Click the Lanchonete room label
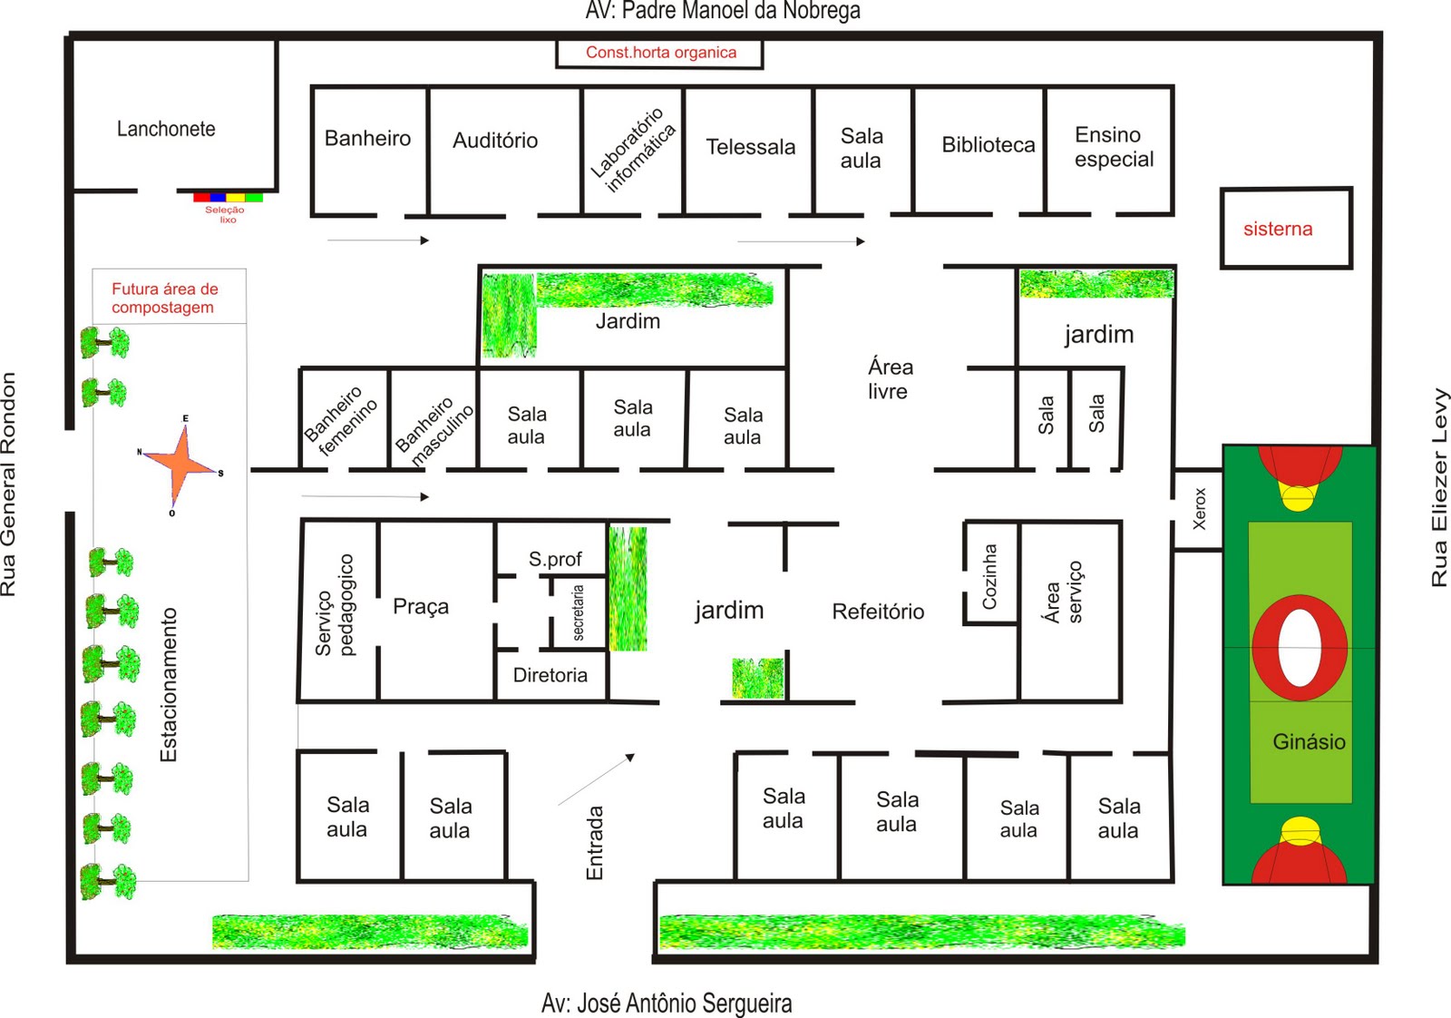click(166, 129)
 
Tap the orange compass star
click(182, 463)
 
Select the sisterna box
click(1286, 228)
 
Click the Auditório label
click(495, 140)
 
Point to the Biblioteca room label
click(988, 144)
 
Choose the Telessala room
click(749, 151)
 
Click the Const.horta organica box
click(659, 54)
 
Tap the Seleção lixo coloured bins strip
click(228, 197)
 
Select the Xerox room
click(1198, 509)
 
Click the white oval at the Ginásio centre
click(1300, 647)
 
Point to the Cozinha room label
click(989, 576)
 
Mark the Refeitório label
click(878, 611)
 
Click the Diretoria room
click(551, 675)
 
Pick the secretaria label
click(578, 612)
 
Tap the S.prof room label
click(554, 559)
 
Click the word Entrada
click(595, 843)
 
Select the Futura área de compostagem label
click(164, 298)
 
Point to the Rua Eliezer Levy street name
click(1438, 487)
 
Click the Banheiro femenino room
click(345, 419)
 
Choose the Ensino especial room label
click(1114, 146)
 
